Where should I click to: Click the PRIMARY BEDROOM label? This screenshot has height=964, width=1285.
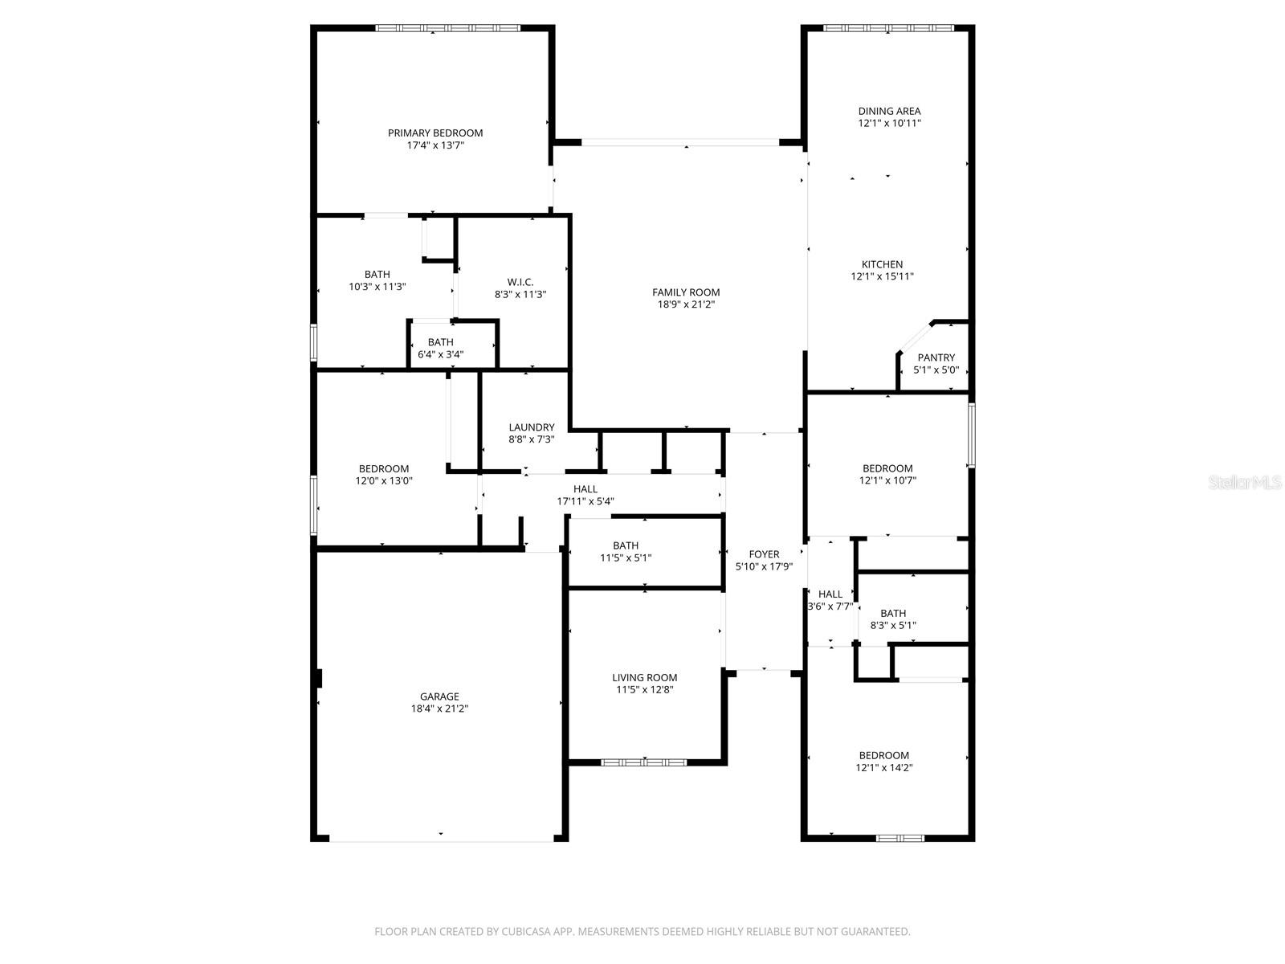(x=435, y=133)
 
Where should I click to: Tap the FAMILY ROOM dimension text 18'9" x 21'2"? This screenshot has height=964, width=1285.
(x=686, y=304)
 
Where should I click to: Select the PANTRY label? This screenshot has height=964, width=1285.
(x=936, y=357)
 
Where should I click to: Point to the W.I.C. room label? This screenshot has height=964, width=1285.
(x=520, y=282)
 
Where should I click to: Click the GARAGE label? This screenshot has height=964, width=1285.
(x=439, y=696)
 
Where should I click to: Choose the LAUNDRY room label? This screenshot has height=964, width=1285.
(x=531, y=427)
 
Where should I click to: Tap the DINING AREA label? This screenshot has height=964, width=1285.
(x=889, y=111)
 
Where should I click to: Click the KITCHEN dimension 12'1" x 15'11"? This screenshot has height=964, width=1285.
(x=882, y=276)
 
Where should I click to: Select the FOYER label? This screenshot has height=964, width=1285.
(x=764, y=554)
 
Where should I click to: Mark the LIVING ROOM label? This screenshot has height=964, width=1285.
(x=644, y=677)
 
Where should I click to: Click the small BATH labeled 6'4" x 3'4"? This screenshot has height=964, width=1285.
(x=440, y=342)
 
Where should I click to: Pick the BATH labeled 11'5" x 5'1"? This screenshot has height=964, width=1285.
(x=626, y=545)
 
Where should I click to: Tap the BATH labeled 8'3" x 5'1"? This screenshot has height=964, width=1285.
(x=893, y=613)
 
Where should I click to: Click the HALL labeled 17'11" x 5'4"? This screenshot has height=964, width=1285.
(x=585, y=489)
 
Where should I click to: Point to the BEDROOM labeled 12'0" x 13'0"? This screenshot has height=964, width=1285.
(x=383, y=468)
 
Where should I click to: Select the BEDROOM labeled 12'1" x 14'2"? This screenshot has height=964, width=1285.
(x=883, y=755)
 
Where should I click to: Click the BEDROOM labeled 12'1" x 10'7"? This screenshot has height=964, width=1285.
(x=887, y=468)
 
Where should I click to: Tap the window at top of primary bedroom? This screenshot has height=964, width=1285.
(x=448, y=28)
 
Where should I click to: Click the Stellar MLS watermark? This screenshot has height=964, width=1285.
(x=1246, y=483)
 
